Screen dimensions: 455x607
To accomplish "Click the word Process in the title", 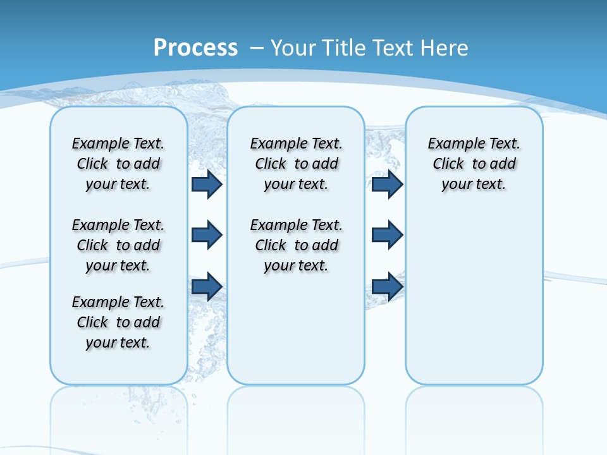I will click(195, 47).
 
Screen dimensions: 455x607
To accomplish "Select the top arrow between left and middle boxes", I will click(207, 185).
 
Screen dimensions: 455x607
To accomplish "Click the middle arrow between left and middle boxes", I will click(207, 235).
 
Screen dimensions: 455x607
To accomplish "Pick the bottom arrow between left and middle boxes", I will click(207, 286).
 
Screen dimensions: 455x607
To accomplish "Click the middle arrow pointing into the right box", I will click(387, 235).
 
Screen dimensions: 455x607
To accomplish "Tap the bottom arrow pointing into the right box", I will click(387, 286).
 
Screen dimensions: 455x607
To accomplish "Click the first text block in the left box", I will click(118, 164).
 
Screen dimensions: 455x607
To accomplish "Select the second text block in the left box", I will click(118, 245).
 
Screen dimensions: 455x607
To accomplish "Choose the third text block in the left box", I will click(118, 322).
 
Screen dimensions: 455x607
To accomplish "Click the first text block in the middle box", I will click(297, 164).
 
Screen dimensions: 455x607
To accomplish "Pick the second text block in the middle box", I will click(297, 245).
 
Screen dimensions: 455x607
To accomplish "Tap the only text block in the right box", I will click(474, 164).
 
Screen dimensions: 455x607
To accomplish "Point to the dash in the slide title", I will click(257, 47).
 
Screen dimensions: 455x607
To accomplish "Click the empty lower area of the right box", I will click(474, 303).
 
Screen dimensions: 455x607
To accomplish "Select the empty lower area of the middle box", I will click(296, 329).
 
